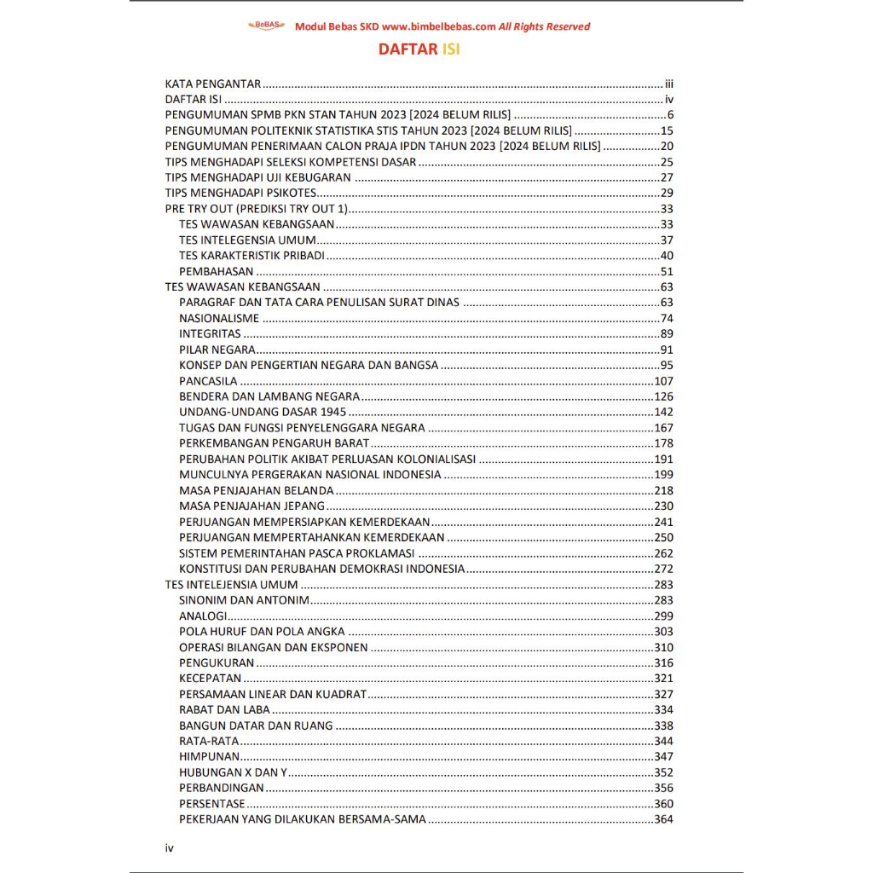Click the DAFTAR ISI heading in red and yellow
click(419, 49)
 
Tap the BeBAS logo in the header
click(267, 26)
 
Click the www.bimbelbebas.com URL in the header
click(433, 26)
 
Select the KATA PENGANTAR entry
click(212, 84)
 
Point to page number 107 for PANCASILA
click(663, 381)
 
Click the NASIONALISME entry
click(219, 318)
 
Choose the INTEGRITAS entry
click(210, 333)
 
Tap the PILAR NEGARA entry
click(217, 350)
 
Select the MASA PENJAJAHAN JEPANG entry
click(251, 506)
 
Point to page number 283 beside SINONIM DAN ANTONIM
click(663, 600)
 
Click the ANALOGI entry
click(203, 616)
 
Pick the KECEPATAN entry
click(210, 679)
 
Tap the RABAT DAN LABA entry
click(224, 709)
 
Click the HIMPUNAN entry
click(209, 756)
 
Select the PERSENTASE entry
click(211, 803)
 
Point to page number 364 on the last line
click(663, 819)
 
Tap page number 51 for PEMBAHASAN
click(667, 271)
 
